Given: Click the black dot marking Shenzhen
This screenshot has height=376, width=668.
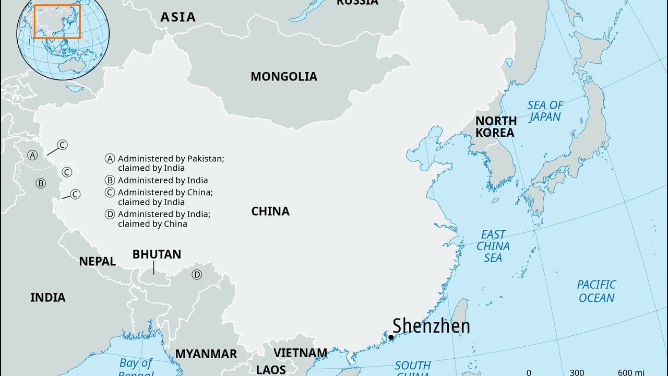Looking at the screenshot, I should click(x=391, y=337).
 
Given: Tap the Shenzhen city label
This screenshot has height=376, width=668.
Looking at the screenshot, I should click(x=431, y=326).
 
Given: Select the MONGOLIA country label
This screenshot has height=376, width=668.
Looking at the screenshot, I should click(x=283, y=77).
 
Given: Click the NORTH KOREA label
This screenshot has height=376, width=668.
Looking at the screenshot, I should click(x=495, y=127).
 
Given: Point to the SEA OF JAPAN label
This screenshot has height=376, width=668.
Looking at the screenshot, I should click(x=545, y=111).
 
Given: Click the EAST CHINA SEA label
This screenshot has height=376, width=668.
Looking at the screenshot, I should click(x=493, y=246).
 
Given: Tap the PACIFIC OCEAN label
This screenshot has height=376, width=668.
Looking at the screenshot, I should click(x=596, y=291).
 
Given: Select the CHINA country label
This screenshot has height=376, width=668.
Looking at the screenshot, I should click(x=270, y=211).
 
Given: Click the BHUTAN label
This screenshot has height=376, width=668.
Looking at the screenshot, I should click(x=157, y=254).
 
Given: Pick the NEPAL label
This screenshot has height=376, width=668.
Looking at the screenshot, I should click(x=97, y=262).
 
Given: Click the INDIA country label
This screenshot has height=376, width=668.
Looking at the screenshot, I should click(x=47, y=298).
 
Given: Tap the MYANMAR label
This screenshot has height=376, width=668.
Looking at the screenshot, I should click(x=206, y=354).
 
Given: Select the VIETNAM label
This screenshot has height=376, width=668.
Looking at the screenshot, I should click(x=300, y=353).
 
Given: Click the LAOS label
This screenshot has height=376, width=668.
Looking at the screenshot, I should click(x=271, y=370).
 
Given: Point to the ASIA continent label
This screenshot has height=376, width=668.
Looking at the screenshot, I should click(x=178, y=17).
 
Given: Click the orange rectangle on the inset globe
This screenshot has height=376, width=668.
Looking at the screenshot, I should click(x=57, y=22).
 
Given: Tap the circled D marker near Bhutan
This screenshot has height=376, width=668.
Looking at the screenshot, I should click(x=197, y=275).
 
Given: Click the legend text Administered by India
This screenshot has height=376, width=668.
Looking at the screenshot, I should click(x=163, y=180).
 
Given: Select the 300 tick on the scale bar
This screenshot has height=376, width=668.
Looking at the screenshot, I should click(x=576, y=372).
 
